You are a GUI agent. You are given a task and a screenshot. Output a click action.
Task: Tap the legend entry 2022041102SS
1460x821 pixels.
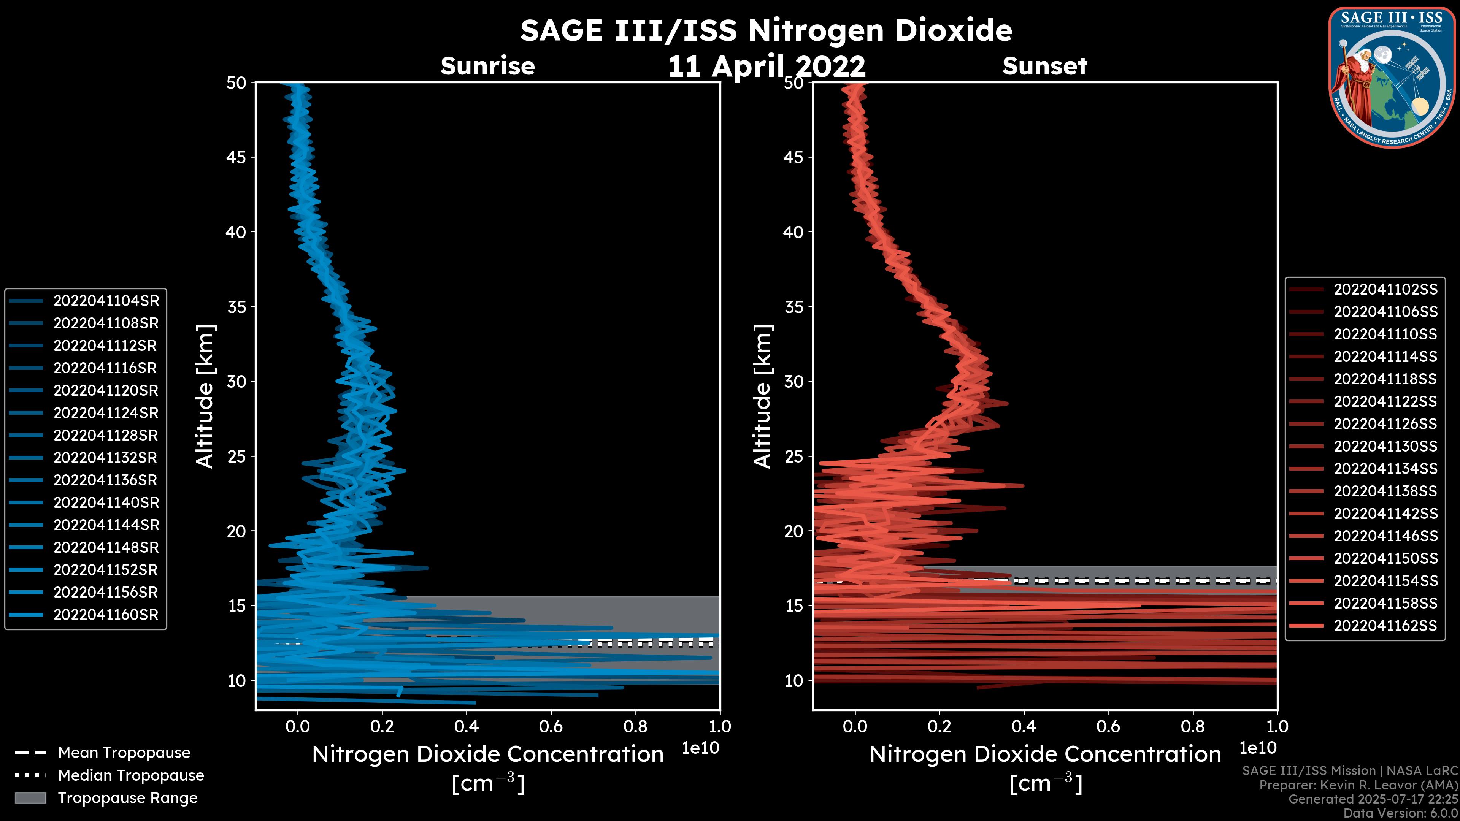coord(1385,290)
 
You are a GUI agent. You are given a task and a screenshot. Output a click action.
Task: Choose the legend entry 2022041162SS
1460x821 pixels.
coord(1385,626)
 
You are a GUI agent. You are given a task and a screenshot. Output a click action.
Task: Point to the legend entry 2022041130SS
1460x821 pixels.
coord(1385,447)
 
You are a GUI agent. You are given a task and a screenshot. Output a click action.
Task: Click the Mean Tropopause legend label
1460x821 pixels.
coord(124,753)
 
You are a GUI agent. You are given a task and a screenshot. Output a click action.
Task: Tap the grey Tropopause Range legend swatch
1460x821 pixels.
coord(30,798)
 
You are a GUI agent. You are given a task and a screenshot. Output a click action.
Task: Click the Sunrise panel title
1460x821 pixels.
coord(487,66)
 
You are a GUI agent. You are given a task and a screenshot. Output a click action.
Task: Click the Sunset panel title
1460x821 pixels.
coord(1044,66)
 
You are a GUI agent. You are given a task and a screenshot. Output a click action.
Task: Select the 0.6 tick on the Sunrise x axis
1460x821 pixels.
coord(551,726)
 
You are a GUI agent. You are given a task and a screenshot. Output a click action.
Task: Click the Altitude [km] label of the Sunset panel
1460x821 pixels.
coord(763,396)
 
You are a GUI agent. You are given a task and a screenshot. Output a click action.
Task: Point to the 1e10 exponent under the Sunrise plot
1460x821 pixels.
coord(700,748)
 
